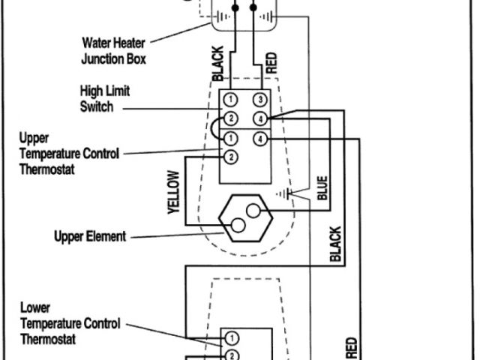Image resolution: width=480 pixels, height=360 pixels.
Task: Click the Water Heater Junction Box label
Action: [x=114, y=49]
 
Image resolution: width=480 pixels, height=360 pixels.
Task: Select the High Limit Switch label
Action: [x=104, y=99]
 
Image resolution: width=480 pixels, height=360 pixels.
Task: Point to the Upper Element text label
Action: [x=91, y=237]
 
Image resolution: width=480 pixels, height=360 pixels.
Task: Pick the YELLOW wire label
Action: [x=173, y=193]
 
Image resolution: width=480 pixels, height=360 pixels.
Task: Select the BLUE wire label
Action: [x=322, y=188]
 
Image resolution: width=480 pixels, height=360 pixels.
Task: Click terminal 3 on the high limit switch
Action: [x=259, y=100]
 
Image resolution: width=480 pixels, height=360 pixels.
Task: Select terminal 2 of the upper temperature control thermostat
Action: [x=231, y=157]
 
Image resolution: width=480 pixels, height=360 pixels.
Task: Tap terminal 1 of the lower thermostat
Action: [x=232, y=337]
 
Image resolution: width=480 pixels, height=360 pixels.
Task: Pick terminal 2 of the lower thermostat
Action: [x=232, y=354]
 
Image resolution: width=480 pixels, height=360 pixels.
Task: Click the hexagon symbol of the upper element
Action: [x=244, y=217]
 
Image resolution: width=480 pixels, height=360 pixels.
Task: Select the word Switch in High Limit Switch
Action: [x=97, y=107]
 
